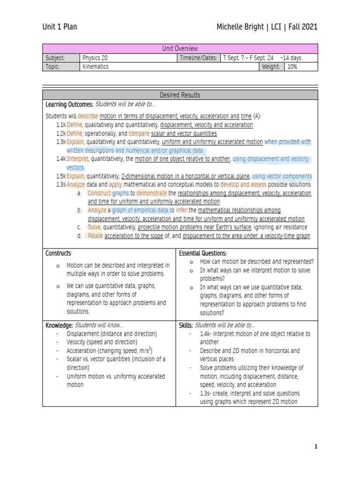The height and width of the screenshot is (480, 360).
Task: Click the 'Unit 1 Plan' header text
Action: click(60, 27)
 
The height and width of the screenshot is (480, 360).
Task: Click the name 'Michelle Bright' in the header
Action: click(240, 27)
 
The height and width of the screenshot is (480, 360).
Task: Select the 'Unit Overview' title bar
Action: click(180, 49)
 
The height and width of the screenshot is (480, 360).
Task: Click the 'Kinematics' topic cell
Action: click(96, 67)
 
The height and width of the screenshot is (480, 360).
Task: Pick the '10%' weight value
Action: click(292, 67)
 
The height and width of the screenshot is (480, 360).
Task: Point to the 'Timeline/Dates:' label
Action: click(198, 58)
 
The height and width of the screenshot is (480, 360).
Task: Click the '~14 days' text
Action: click(291, 58)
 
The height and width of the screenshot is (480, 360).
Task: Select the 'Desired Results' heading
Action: click(180, 95)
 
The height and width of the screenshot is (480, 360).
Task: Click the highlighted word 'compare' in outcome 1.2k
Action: click(139, 134)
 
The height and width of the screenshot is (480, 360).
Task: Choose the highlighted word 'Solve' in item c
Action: click(95, 227)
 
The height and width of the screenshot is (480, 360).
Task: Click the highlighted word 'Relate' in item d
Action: click(95, 236)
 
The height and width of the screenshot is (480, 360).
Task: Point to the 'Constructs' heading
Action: click(59, 254)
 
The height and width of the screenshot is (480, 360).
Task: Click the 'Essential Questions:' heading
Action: click(203, 254)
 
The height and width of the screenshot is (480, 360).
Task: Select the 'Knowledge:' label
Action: click(59, 325)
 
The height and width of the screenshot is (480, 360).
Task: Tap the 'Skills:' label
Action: click(186, 325)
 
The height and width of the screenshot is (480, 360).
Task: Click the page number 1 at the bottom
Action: click(316, 447)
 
